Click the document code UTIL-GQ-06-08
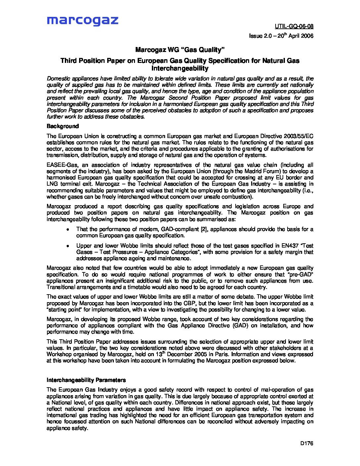coord(294,26)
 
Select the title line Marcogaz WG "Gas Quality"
coord(180,50)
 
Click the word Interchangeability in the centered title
coord(180,69)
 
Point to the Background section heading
coord(63,126)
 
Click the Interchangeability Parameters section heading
coord(86,380)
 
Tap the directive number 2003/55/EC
coord(297,136)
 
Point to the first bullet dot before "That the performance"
coord(67,229)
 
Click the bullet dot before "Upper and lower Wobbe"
coord(67,246)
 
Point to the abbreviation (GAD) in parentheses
coord(240,325)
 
